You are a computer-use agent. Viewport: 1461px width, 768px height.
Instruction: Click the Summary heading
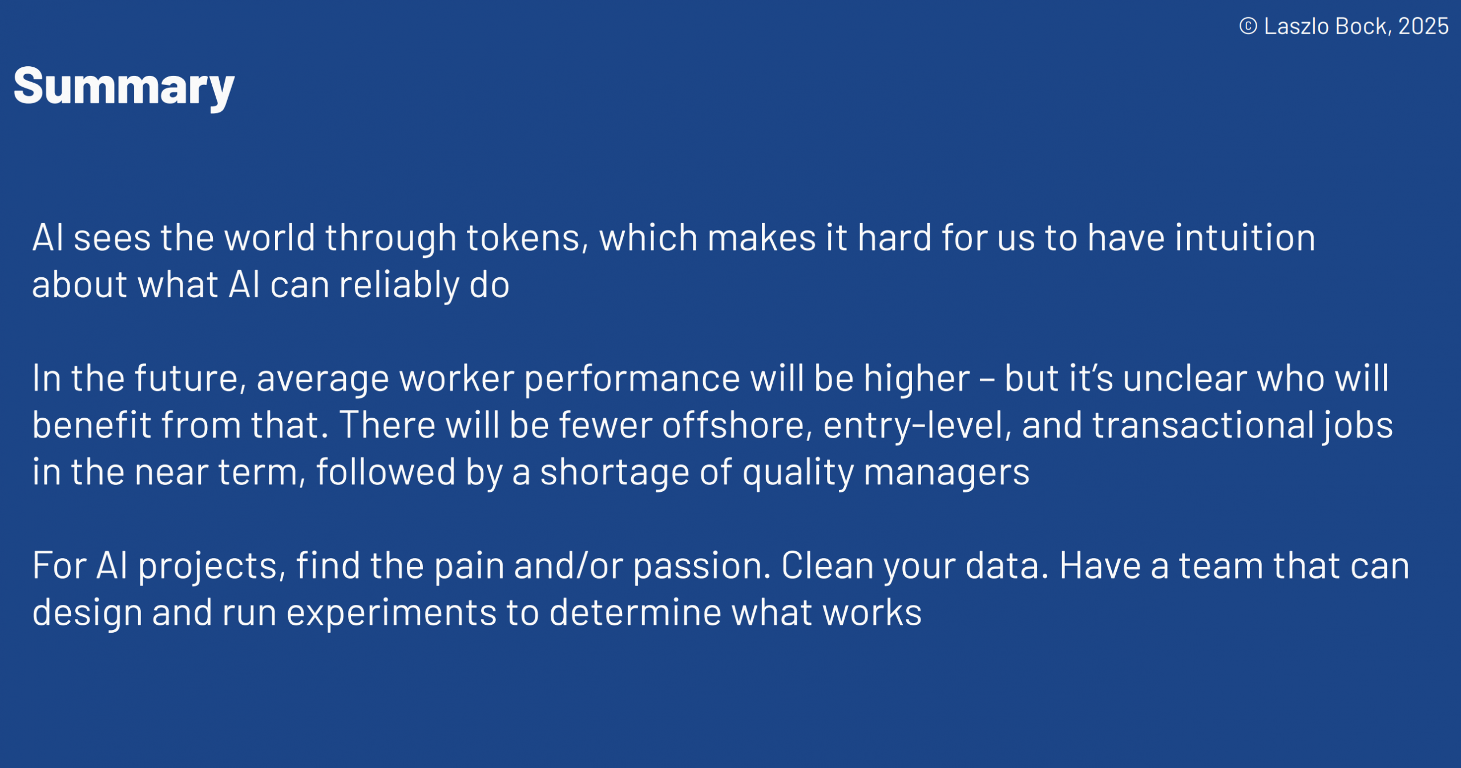point(124,87)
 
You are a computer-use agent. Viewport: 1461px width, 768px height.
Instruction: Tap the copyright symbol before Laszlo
point(1248,26)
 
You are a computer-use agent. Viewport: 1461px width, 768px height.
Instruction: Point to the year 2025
point(1423,26)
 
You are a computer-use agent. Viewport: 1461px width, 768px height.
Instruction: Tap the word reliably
point(399,285)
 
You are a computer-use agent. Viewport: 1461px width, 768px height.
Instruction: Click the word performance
point(632,378)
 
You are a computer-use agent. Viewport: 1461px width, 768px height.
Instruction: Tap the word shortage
point(615,472)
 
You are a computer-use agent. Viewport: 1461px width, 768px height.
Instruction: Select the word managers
point(947,472)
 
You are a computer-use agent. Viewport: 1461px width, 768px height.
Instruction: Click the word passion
point(703,566)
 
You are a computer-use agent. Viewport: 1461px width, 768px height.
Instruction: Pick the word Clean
point(828,565)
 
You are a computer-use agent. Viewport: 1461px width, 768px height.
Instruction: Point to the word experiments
point(391,613)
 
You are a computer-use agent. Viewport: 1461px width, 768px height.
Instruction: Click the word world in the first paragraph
point(269,237)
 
